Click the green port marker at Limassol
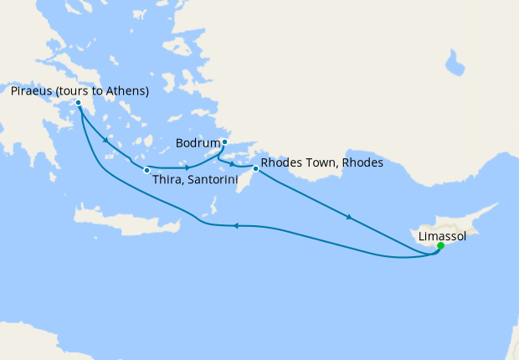[x=440, y=246]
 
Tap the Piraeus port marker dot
[x=78, y=104]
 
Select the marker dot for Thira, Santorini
[x=146, y=171]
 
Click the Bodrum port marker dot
[x=224, y=141]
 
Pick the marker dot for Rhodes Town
[x=256, y=170]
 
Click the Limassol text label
[x=441, y=237]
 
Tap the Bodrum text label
[x=197, y=142]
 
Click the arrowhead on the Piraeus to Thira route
[x=105, y=140]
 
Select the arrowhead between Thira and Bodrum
[x=186, y=168]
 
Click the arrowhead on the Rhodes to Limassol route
[x=347, y=218]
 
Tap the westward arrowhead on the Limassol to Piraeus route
[x=236, y=225]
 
